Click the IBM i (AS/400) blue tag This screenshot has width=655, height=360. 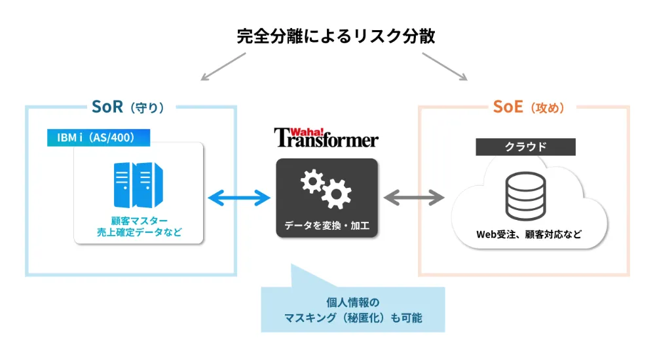coord(98,137)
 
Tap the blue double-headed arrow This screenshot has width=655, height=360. coord(238,196)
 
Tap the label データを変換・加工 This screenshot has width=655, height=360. coord(326,226)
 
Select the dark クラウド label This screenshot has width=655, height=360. coord(525,147)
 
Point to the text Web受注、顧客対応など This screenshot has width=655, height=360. coord(528,234)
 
